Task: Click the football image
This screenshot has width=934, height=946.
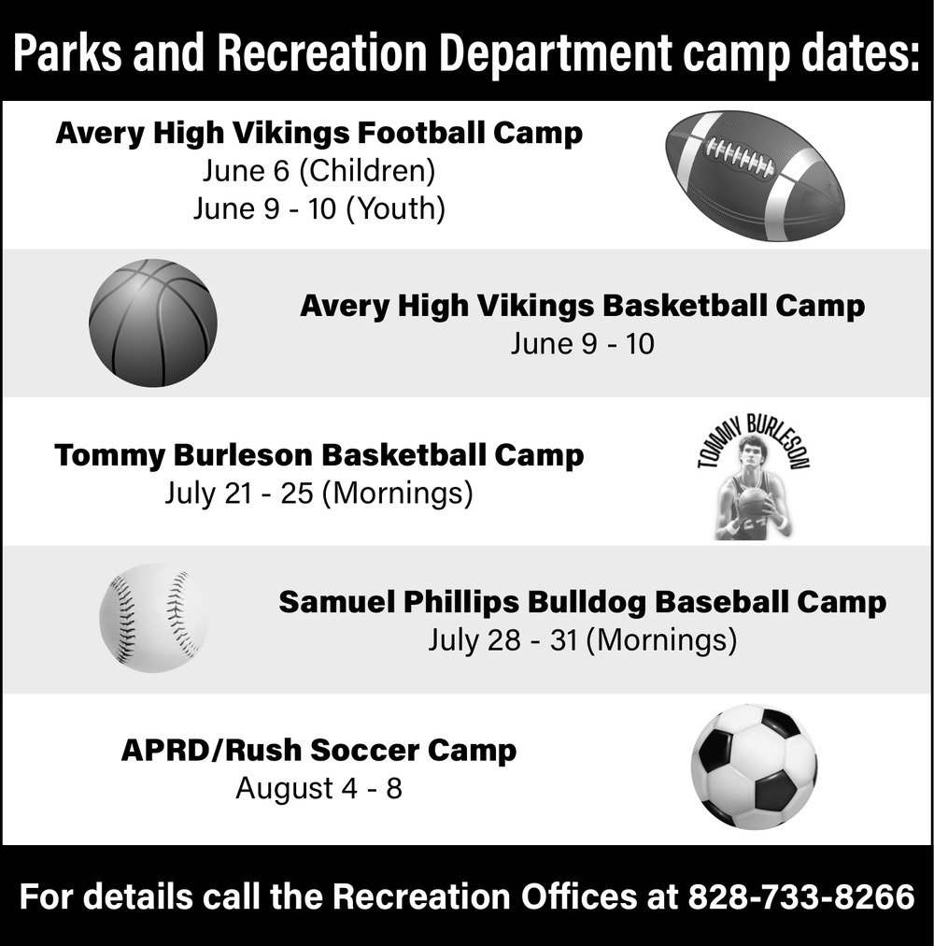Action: (x=755, y=176)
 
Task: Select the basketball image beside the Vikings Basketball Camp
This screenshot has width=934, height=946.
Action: (x=153, y=322)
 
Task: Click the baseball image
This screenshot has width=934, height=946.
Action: (x=153, y=619)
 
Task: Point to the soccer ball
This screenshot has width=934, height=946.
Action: (x=755, y=767)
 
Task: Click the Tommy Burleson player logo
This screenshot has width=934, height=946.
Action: (x=753, y=477)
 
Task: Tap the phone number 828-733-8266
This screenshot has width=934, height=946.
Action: (x=801, y=896)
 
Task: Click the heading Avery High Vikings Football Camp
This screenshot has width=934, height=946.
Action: (x=319, y=134)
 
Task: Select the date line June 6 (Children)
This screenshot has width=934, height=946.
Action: (x=319, y=171)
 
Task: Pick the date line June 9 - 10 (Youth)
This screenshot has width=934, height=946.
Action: (x=319, y=208)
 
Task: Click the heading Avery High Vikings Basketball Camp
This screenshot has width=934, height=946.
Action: (x=583, y=306)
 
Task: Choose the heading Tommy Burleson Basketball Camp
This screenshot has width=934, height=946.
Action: (x=319, y=455)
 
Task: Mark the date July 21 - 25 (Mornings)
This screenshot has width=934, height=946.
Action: (x=319, y=493)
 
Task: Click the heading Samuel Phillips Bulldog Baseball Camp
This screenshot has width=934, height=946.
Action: (x=583, y=602)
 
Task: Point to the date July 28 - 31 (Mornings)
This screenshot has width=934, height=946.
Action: (x=583, y=640)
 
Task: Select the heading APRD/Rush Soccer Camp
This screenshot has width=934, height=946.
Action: (x=319, y=751)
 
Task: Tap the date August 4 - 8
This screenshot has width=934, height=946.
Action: (x=319, y=788)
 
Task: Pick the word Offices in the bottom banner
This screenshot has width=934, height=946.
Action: (x=579, y=896)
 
